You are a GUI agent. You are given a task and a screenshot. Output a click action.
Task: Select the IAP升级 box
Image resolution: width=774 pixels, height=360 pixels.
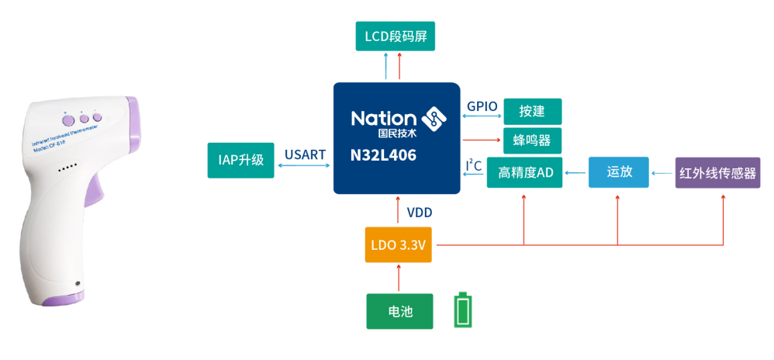(x=241, y=161)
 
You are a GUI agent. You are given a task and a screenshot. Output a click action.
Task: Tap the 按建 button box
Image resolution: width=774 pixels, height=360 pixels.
(x=532, y=112)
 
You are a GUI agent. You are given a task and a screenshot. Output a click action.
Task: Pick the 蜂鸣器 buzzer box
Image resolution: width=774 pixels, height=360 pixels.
(x=532, y=141)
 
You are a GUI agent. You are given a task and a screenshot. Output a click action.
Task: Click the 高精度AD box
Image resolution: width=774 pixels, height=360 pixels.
(x=525, y=172)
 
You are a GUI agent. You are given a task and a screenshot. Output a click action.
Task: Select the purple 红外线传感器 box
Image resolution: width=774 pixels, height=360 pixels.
(x=717, y=172)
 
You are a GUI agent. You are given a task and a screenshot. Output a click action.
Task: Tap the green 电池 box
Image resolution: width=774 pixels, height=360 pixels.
(x=399, y=311)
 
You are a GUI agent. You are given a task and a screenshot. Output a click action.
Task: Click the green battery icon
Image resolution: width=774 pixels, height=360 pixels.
(x=463, y=310)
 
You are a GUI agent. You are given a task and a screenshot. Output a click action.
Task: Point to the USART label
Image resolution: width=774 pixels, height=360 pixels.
(x=305, y=155)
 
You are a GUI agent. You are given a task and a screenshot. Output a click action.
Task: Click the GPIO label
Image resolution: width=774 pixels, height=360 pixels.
(x=482, y=106)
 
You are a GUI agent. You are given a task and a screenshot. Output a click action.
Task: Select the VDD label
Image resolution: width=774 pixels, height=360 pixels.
(x=420, y=211)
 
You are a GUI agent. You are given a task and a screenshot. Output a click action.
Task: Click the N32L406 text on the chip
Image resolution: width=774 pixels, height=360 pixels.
(x=383, y=155)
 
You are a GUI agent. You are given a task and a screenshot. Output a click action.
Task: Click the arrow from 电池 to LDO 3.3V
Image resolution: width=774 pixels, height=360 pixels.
(x=399, y=278)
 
